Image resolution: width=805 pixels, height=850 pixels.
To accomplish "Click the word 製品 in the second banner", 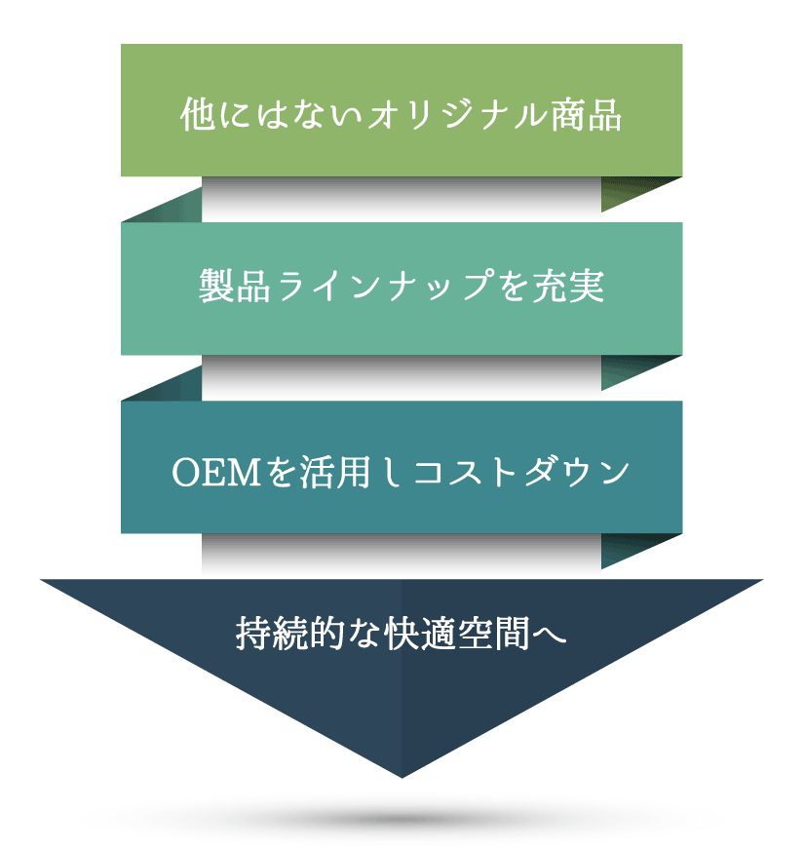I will pos(234,288).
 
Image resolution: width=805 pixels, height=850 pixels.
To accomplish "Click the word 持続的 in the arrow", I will pos(284,634).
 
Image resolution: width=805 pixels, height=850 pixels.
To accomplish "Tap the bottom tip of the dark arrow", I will pos(402,772).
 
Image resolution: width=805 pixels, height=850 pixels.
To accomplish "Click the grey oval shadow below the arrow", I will pos(402,819).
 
